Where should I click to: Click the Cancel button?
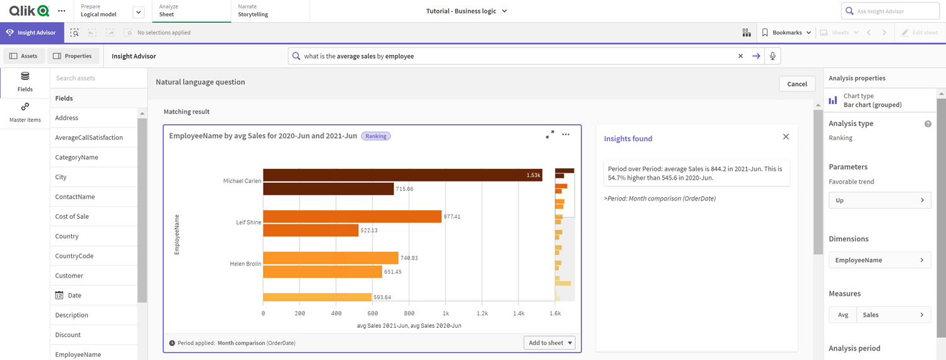[x=797, y=84]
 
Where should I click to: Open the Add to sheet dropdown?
[x=549, y=343]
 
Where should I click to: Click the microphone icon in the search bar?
[x=772, y=56]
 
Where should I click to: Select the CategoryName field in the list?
[x=76, y=157]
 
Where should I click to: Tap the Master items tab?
[x=25, y=113]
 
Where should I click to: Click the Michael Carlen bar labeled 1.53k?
[x=402, y=175]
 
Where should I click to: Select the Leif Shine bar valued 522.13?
[x=310, y=230]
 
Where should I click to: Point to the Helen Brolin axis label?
[x=245, y=264]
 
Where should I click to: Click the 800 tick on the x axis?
[x=409, y=313]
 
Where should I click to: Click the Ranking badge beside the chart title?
[x=376, y=136]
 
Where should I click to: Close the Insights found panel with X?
[x=786, y=137]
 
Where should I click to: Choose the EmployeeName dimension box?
[x=879, y=260]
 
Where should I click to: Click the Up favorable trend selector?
[x=879, y=200]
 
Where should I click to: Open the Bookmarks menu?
[x=786, y=33]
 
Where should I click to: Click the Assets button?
[x=23, y=56]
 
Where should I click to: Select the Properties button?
[x=73, y=56]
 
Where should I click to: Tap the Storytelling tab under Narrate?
[x=253, y=11]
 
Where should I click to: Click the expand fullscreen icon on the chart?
[x=550, y=134]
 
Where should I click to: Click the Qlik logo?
[x=29, y=11]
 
